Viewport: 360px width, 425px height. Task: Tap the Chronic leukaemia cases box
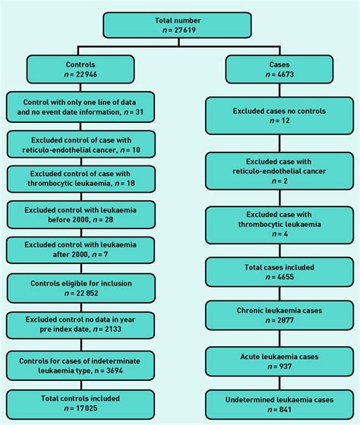pyautogui.click(x=280, y=316)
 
